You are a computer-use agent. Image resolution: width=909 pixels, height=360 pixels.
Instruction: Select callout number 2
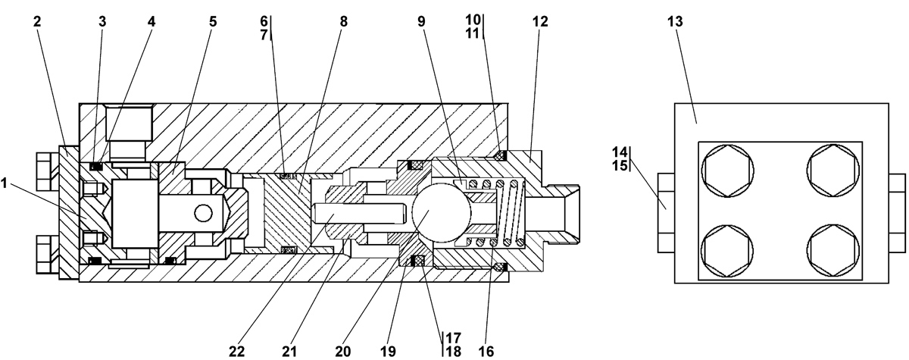click(37, 21)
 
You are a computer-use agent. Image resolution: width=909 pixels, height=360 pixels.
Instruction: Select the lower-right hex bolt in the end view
click(833, 251)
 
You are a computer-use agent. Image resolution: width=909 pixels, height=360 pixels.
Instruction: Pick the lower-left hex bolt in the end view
click(728, 251)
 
